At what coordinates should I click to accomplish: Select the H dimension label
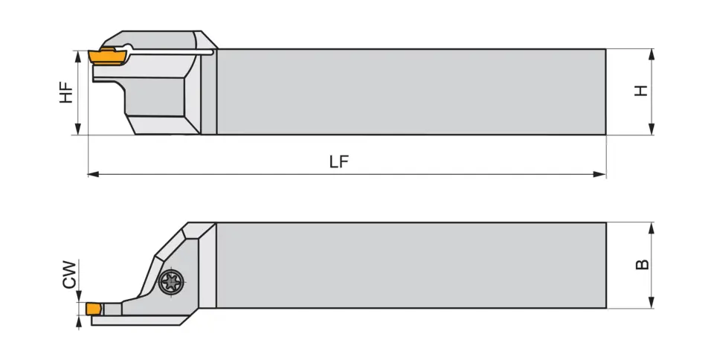(641, 91)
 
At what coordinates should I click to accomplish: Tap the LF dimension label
(339, 162)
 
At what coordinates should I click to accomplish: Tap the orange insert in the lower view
(94, 308)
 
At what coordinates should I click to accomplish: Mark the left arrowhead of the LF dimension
(93, 175)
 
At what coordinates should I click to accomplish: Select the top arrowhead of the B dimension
(652, 227)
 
